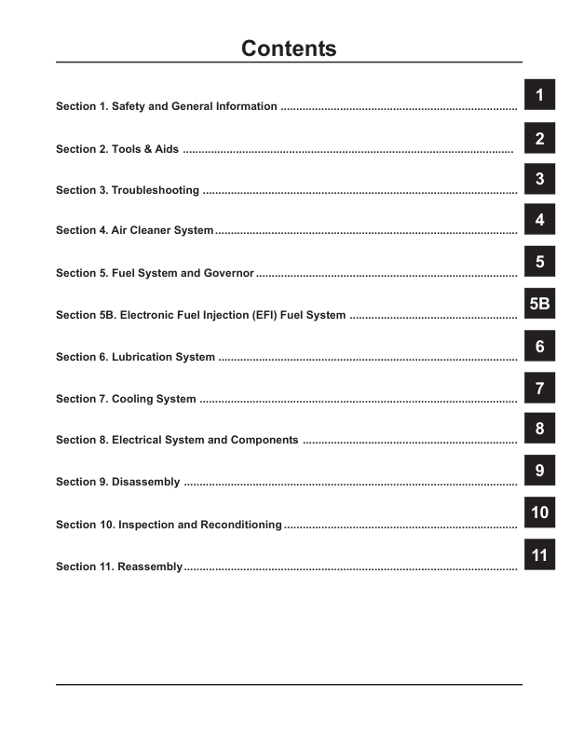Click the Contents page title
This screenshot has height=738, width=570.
[x=289, y=48]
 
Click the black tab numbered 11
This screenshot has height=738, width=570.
[x=539, y=555]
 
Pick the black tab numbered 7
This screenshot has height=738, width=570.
[x=539, y=389]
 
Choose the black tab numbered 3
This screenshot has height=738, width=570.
[x=539, y=179]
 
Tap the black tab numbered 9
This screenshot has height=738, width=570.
[x=539, y=471]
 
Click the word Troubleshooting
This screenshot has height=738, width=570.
[x=155, y=190]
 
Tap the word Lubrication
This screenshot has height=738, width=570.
[x=142, y=357]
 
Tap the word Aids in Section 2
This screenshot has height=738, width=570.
[x=166, y=148]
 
